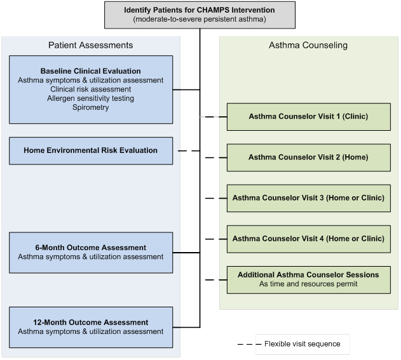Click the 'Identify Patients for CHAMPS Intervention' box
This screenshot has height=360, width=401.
(x=200, y=15)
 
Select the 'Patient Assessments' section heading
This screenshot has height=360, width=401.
(x=90, y=45)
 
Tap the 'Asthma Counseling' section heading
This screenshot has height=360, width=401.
(x=308, y=45)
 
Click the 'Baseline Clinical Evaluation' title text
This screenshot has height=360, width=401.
(x=90, y=70)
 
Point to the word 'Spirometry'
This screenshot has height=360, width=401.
(x=90, y=107)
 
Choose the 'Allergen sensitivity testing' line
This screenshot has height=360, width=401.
(x=90, y=98)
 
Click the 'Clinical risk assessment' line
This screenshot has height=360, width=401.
(x=90, y=89)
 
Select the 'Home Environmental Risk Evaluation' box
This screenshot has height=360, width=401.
(x=90, y=150)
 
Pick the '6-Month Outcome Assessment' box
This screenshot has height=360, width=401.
(x=90, y=251)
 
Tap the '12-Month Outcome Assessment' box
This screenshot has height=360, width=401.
(x=90, y=326)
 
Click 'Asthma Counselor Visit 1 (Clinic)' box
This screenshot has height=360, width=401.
(x=308, y=117)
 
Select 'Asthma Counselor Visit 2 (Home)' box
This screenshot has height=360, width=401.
(x=308, y=157)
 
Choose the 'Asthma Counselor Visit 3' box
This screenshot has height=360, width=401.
(x=308, y=198)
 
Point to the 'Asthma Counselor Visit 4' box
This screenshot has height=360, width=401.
(x=308, y=239)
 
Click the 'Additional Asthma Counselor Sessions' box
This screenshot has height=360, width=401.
(x=308, y=279)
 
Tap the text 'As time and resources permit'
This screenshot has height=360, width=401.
(x=308, y=284)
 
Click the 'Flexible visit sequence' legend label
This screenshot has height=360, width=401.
(x=302, y=344)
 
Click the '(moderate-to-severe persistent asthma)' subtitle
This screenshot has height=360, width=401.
(x=200, y=20)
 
